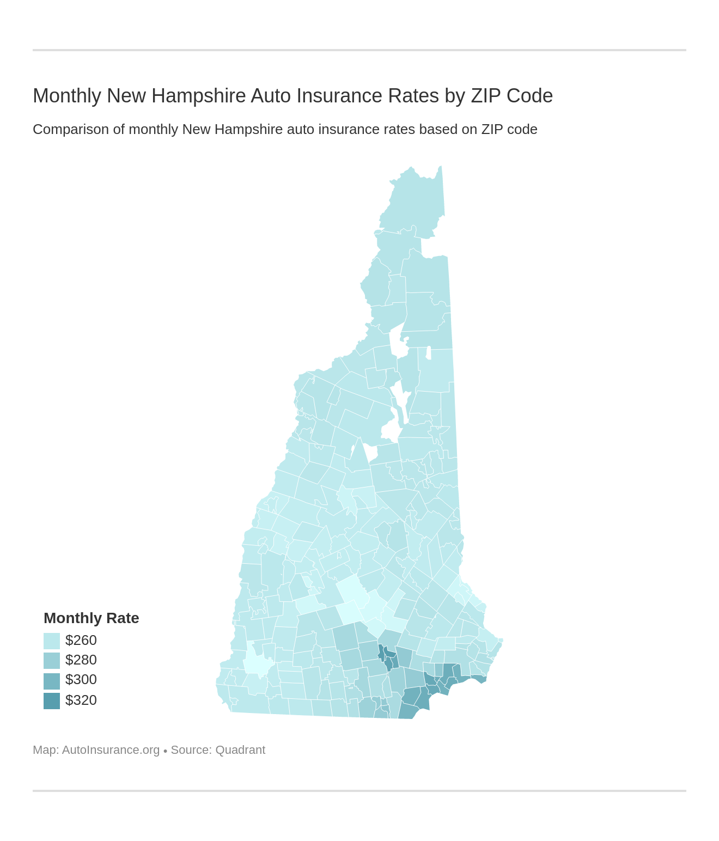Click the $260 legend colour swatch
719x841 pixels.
(x=52, y=641)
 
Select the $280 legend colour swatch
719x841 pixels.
(x=52, y=660)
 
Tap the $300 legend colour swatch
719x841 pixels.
(x=52, y=680)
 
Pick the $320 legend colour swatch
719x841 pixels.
(x=52, y=700)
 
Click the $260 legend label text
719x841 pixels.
(x=81, y=640)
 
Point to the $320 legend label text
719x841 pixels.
(x=81, y=700)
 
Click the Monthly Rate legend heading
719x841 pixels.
(x=91, y=618)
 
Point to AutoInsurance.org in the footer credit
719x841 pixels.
(x=111, y=750)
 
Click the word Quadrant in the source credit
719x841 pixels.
(x=240, y=750)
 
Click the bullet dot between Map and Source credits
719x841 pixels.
(x=165, y=751)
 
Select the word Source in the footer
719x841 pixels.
(x=191, y=750)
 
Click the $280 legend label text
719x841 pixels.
(x=81, y=660)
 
